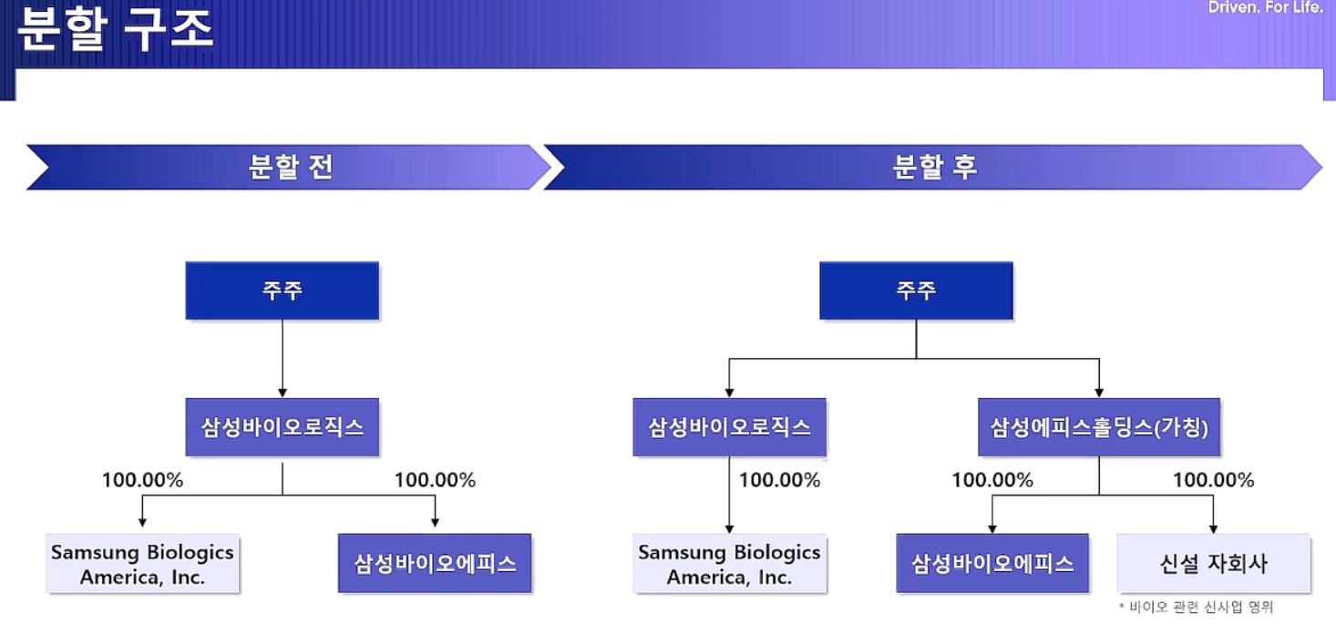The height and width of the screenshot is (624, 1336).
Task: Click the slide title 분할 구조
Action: pos(116,28)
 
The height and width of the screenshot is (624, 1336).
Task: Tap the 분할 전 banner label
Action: pos(291,167)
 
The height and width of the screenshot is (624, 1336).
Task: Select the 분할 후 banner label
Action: pos(935,167)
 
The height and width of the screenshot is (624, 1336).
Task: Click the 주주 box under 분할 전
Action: pos(283,291)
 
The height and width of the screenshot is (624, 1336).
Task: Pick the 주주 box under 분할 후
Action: pos(916,291)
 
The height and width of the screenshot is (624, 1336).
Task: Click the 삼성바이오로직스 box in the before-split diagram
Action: pos(283,426)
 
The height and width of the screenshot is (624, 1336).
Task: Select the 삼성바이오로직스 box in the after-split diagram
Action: pos(729,426)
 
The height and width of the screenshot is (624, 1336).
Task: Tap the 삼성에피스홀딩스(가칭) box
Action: pos(1099,426)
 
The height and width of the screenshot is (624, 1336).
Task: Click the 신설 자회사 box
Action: pos(1213,563)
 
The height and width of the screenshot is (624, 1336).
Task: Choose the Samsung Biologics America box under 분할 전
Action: pos(142,563)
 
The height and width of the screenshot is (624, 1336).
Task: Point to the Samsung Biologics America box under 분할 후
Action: pos(729,563)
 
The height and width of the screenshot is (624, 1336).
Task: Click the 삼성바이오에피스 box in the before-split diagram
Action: pos(435,563)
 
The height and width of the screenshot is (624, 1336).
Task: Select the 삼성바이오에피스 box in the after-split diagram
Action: pos(992,563)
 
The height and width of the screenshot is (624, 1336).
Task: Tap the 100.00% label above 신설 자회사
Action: pos(1213,480)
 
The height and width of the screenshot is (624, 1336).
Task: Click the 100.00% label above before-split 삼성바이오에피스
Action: pos(435,480)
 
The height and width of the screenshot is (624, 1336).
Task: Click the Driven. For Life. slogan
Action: pos(1265,7)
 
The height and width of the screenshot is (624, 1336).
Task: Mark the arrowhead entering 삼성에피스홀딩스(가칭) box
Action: pos(1099,393)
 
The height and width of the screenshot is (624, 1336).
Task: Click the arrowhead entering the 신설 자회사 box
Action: pos(1213,529)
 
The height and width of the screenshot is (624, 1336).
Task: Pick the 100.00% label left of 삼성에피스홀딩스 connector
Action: pos(992,480)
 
